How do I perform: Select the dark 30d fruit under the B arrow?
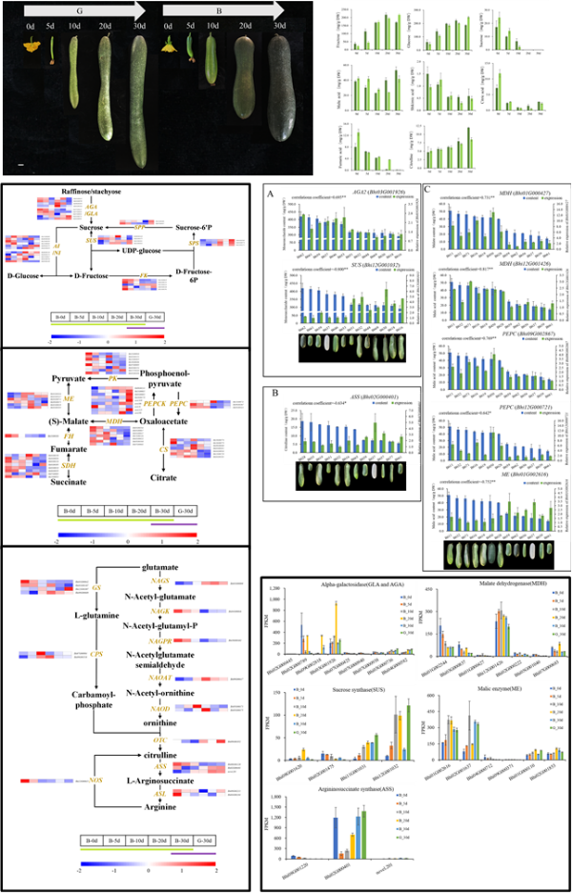coord(280,95)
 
